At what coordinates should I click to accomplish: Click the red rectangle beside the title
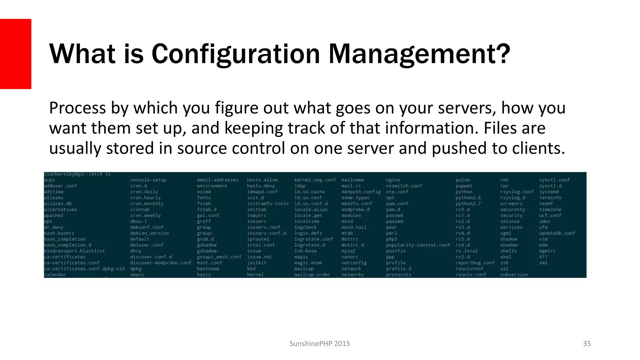(16, 54)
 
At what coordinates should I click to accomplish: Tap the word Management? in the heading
(419, 54)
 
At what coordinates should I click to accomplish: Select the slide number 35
(587, 343)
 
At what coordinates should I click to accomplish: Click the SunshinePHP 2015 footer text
(320, 343)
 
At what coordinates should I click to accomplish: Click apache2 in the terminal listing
(54, 215)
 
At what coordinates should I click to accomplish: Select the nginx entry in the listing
(393, 180)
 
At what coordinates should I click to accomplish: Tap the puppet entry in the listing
(464, 186)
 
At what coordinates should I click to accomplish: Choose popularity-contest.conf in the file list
(418, 245)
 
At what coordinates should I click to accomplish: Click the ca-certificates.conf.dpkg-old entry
(84, 269)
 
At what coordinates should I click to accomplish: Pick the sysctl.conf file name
(554, 180)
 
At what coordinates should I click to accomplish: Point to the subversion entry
(514, 275)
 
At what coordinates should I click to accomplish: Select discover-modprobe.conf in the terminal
(161, 263)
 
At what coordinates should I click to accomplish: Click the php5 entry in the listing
(392, 239)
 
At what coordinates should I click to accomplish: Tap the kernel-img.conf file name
(315, 180)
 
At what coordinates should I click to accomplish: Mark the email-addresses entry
(217, 180)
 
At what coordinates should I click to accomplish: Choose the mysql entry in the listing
(348, 251)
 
